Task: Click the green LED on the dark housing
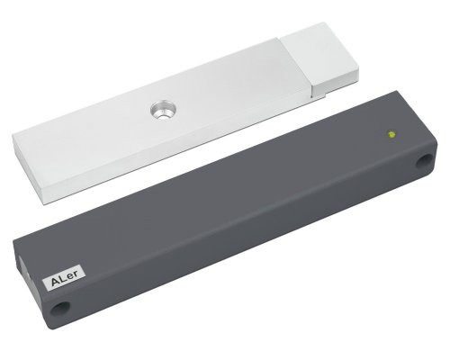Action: click(x=391, y=134)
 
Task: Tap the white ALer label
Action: click(x=65, y=278)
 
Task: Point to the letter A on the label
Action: click(x=56, y=281)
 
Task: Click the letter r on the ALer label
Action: click(x=76, y=274)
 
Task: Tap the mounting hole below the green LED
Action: click(x=425, y=162)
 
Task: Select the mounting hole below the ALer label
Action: click(x=60, y=308)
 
